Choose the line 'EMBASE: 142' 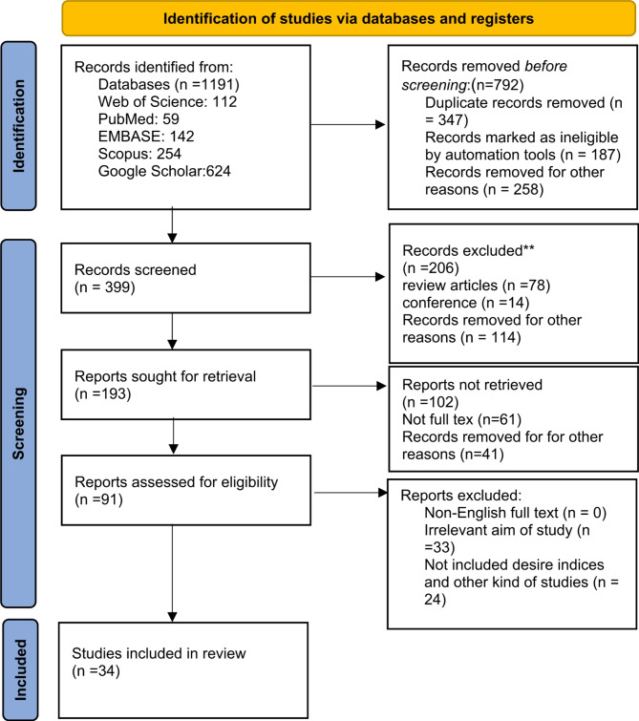140,138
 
